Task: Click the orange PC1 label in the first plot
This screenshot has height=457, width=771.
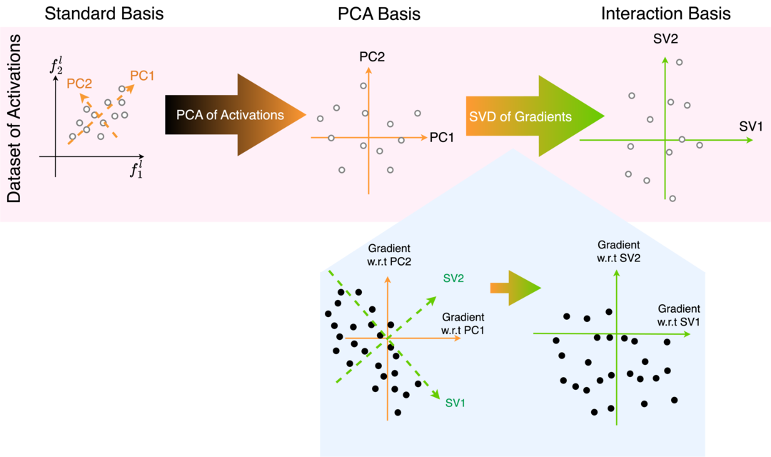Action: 142,75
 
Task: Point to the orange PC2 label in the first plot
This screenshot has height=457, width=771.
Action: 79,84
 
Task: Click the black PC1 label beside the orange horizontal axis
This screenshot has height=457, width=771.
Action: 442,137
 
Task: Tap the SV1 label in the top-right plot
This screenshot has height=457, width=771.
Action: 751,126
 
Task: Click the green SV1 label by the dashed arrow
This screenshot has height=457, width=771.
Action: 455,403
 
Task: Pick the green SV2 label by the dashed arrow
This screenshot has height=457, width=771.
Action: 454,278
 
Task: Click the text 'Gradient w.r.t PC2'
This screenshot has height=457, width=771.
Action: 389,254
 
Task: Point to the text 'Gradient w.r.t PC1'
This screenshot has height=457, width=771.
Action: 463,323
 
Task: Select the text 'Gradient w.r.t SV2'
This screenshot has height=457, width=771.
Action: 619,251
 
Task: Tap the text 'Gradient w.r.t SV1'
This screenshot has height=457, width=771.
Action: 679,315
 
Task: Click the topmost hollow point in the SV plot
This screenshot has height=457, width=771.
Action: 679,62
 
